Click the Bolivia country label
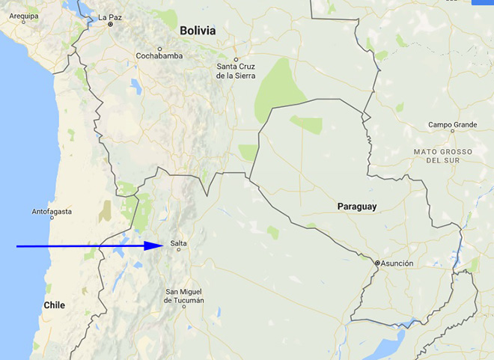[198, 31]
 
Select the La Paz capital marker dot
[110, 24]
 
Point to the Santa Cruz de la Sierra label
[236, 71]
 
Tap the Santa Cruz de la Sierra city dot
[236, 59]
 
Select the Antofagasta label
[52, 212]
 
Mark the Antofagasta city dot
[52, 218]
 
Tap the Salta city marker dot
[179, 250]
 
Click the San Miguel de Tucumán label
[184, 296]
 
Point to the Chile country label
[54, 305]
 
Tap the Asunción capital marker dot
[378, 263]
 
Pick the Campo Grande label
[452, 124]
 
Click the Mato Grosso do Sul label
[442, 156]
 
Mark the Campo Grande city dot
[452, 131]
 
